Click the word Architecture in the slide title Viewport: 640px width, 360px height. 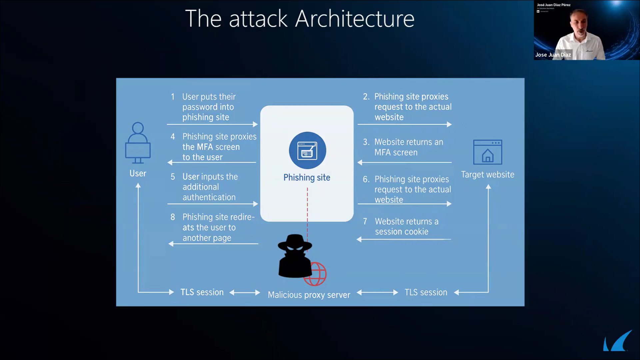[354, 19]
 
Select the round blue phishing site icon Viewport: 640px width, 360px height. [307, 150]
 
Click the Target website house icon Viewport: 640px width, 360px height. [487, 152]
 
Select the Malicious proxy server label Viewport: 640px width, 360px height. [309, 295]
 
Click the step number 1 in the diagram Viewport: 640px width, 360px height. [173, 97]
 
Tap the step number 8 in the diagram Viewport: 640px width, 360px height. [173, 217]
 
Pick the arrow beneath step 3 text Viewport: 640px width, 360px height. [404, 163]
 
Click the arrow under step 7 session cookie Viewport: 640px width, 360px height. [404, 239]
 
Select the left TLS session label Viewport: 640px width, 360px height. [202, 292]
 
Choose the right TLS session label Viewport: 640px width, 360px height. [426, 292]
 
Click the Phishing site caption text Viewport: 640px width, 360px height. [307, 178]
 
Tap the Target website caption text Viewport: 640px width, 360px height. [487, 175]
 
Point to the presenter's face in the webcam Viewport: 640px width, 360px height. [578, 23]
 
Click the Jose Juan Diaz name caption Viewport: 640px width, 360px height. [553, 55]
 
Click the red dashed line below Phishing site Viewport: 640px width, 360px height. [307, 213]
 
